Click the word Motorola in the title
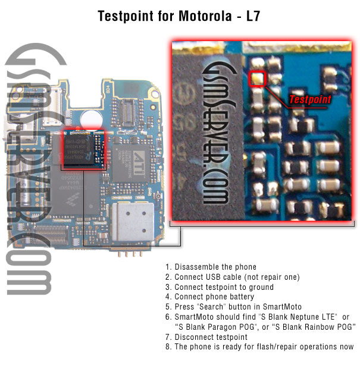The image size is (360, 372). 205,16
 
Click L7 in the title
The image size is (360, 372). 253,16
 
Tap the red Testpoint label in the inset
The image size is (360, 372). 310,99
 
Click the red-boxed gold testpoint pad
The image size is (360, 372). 257,79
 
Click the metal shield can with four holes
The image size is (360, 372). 133,222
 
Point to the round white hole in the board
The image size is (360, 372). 91,119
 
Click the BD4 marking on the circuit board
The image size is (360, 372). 108,89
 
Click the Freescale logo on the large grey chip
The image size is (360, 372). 73,199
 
